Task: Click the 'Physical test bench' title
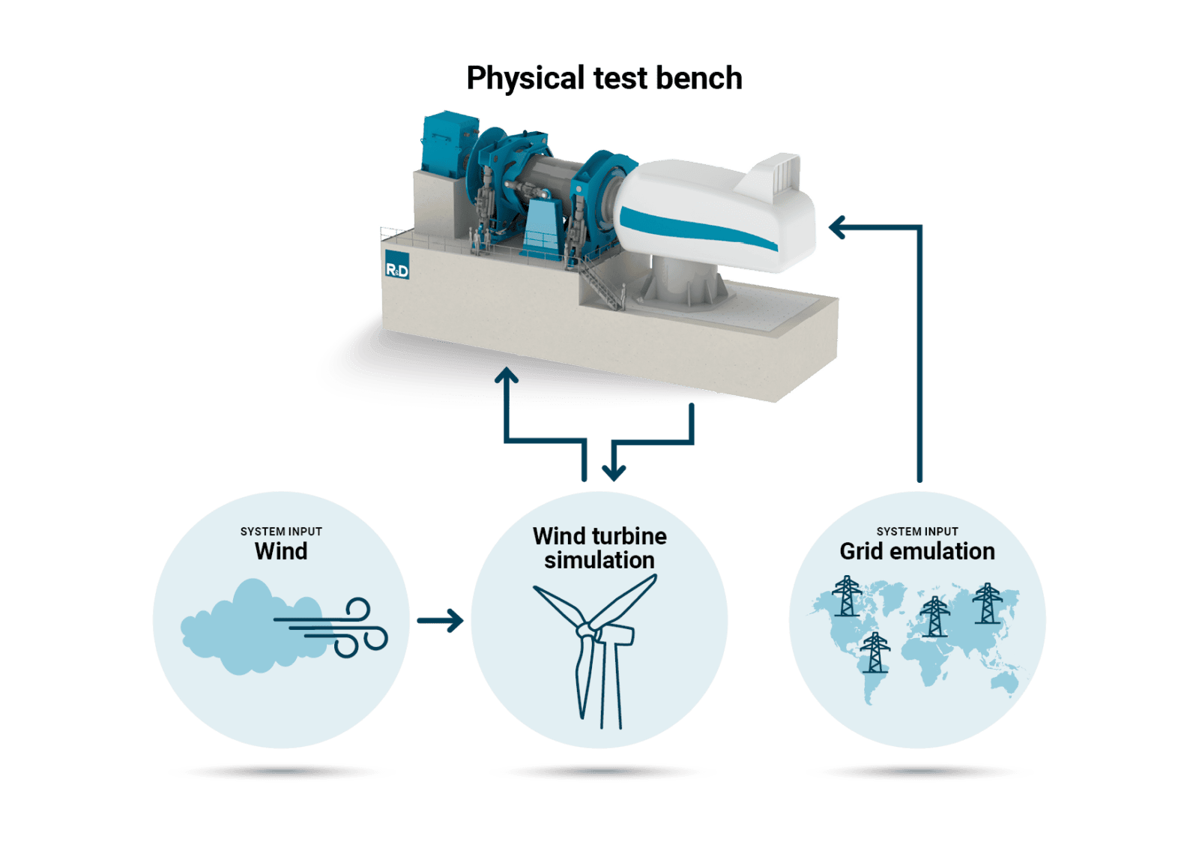(604, 78)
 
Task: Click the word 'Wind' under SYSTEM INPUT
(281, 551)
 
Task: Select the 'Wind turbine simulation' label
(599, 548)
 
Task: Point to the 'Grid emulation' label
(917, 551)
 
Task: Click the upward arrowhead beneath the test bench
(507, 376)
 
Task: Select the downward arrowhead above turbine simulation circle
(614, 472)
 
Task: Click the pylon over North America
(847, 596)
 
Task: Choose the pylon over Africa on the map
(934, 617)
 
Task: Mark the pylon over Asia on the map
(987, 604)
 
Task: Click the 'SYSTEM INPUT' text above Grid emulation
(917, 531)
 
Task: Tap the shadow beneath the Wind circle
(282, 772)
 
